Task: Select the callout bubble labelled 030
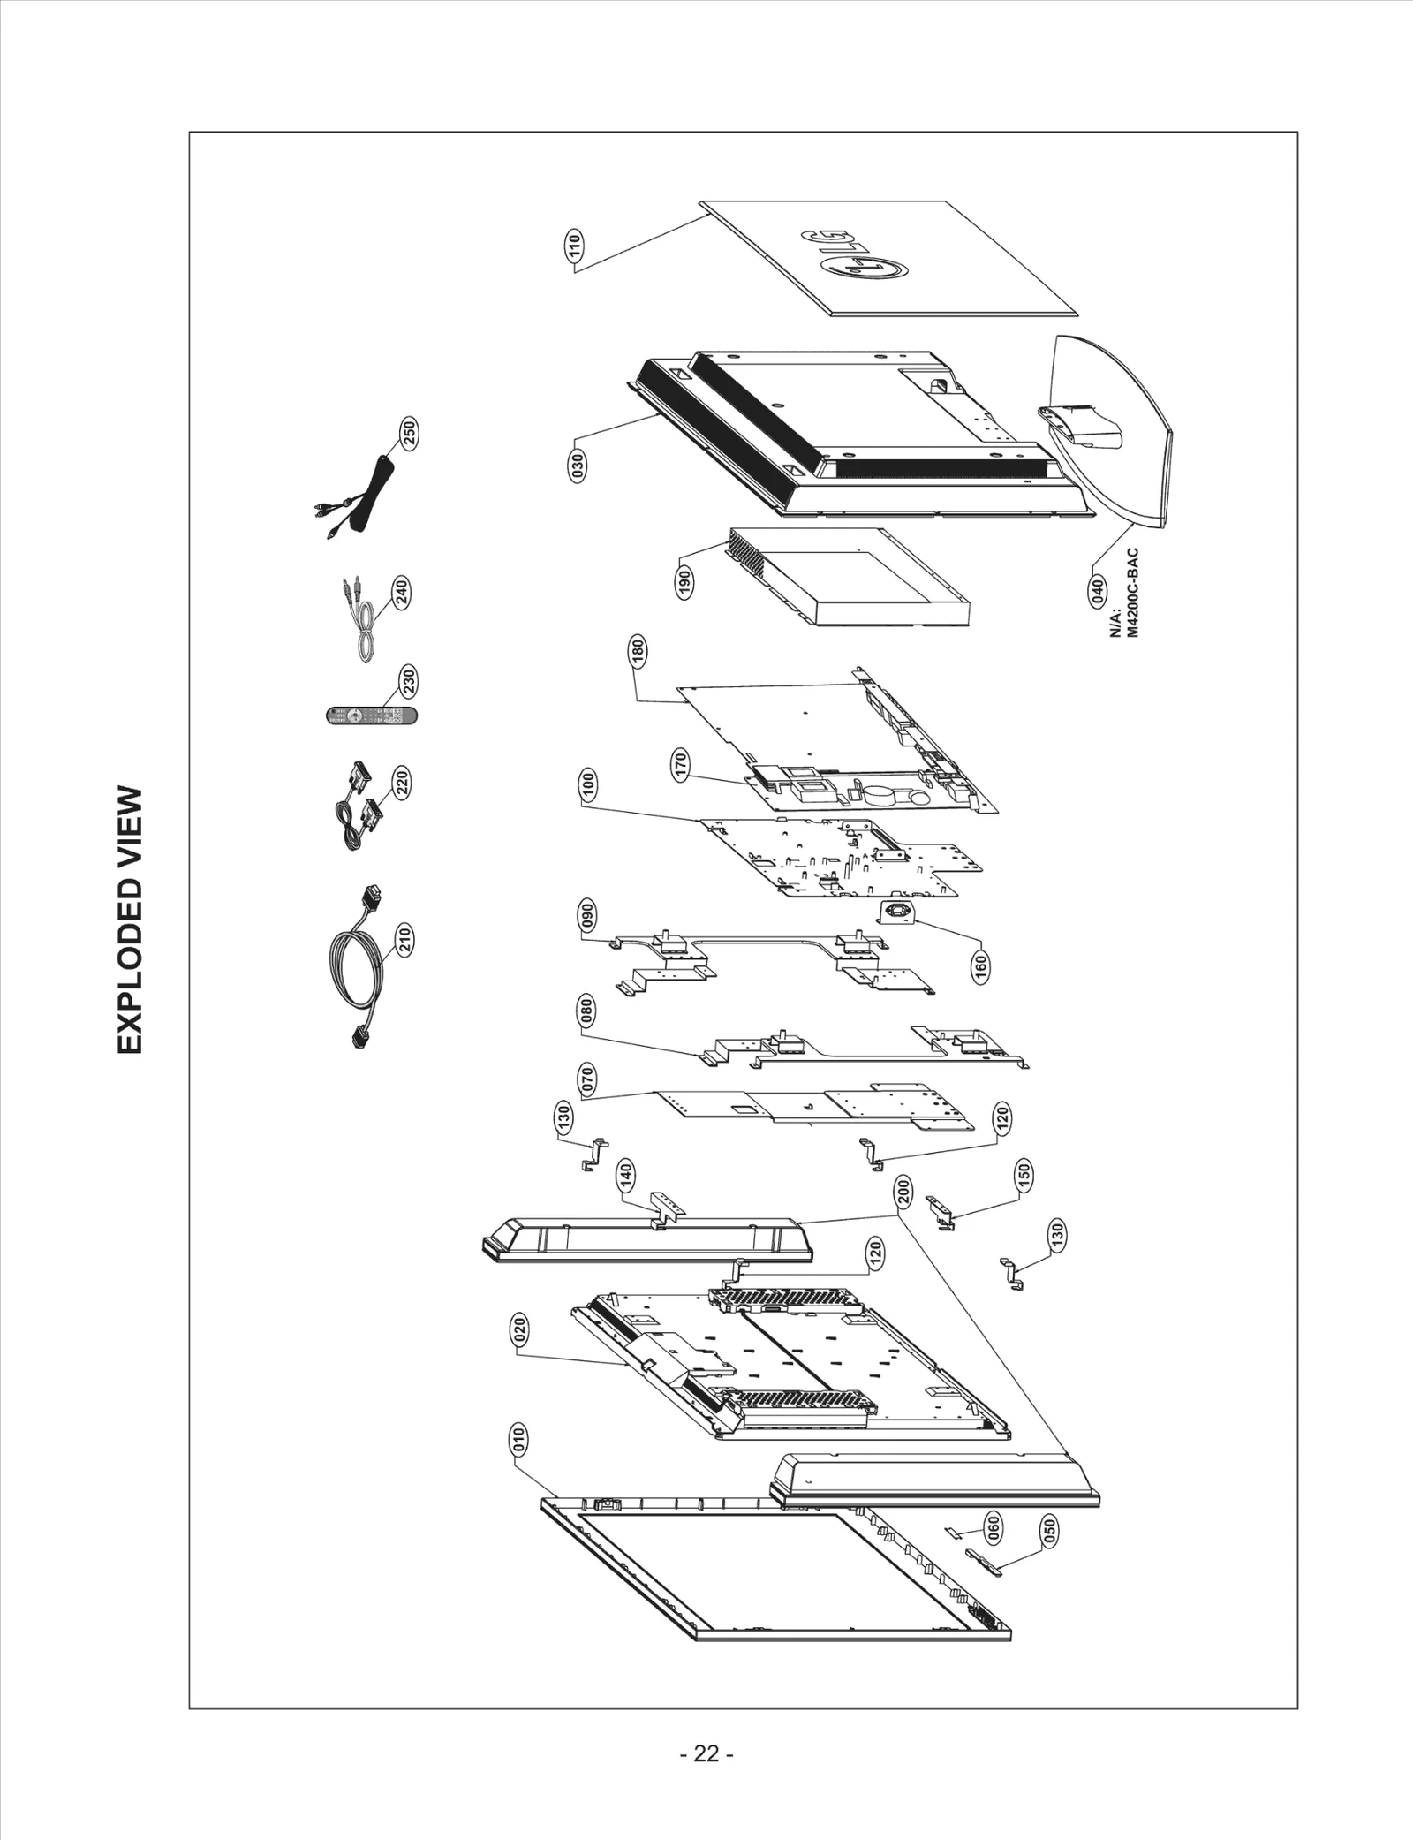577,464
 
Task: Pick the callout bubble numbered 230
409,682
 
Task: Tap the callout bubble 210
404,940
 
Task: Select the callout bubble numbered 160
980,965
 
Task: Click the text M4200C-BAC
1134,593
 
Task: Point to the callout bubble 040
1098,590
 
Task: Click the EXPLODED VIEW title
129,920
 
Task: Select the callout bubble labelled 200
903,1195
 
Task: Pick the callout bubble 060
992,1526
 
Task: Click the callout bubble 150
1024,1174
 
